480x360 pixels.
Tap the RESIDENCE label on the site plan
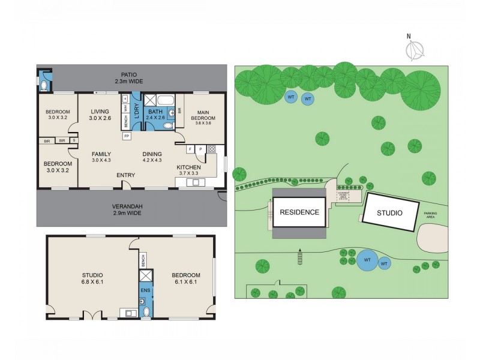[299, 212]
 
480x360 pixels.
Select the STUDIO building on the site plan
[390, 212]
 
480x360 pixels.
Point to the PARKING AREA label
[431, 215]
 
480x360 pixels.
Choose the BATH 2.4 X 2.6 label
[156, 115]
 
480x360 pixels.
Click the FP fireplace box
[127, 136]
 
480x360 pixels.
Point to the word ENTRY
[126, 175]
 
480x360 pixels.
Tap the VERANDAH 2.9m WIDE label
[127, 209]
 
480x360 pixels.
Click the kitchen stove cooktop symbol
[211, 149]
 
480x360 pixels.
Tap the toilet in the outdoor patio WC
[42, 81]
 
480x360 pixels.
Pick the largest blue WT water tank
[367, 260]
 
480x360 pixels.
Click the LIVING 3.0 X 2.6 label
[98, 115]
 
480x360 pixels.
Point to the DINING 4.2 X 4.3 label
[152, 157]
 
